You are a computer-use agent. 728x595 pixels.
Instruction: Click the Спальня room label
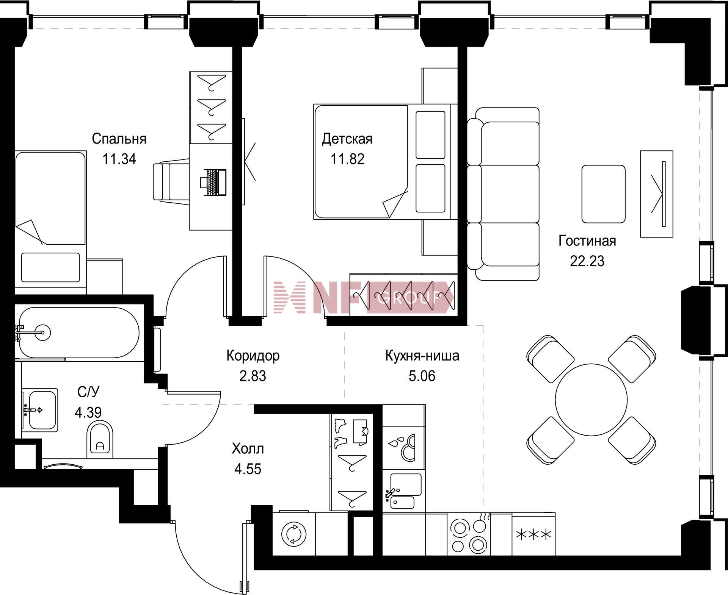click(x=119, y=139)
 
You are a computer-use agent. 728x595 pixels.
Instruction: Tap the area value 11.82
click(x=347, y=159)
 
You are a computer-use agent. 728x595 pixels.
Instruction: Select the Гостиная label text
click(x=587, y=241)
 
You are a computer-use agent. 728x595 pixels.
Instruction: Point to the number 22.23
click(x=587, y=261)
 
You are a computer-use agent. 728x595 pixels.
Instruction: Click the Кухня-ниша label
click(x=422, y=356)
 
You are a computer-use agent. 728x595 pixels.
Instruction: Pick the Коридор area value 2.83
click(x=253, y=376)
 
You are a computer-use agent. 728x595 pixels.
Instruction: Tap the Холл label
click(x=248, y=449)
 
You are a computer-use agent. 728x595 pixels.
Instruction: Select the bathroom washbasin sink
click(x=40, y=410)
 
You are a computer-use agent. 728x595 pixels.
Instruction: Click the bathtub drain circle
click(x=43, y=333)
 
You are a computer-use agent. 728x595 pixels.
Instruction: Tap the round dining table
click(x=591, y=400)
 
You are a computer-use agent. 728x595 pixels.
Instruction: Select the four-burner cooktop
click(x=469, y=534)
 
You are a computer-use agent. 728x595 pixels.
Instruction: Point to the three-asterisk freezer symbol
click(x=534, y=535)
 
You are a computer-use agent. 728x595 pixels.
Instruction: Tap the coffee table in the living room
click(x=603, y=194)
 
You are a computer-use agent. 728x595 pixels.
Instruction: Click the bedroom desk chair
click(x=171, y=182)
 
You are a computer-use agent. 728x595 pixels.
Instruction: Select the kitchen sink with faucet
click(x=403, y=491)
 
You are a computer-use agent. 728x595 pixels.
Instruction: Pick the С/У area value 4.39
click(x=88, y=412)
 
